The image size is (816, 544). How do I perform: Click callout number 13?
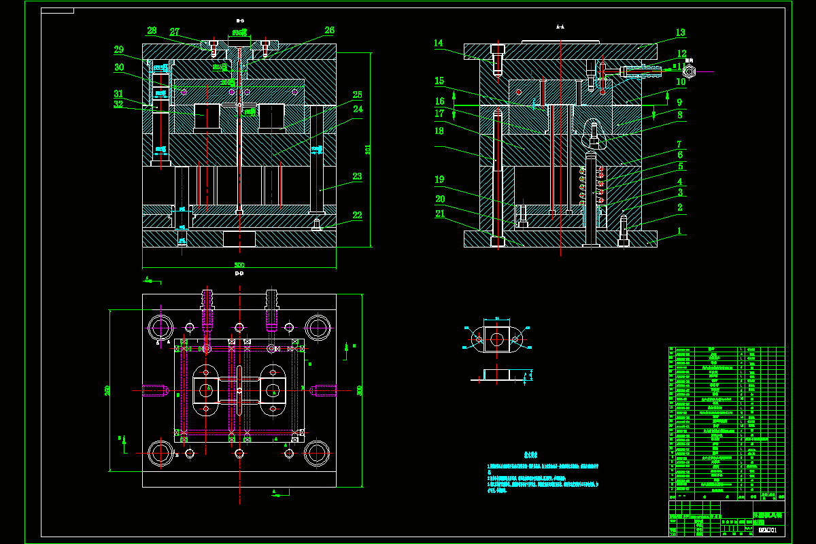tap(680, 32)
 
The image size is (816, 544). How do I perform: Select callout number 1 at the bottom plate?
tap(679, 231)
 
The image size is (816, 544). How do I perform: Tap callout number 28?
tap(152, 31)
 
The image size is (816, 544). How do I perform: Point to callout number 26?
tap(329, 31)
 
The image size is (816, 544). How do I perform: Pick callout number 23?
tap(357, 176)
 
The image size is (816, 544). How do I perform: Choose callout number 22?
tap(357, 216)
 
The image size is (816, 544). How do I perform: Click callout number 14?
tap(439, 43)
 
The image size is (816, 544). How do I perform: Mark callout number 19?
tap(439, 180)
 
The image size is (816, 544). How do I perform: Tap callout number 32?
tap(118, 105)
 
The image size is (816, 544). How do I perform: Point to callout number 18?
tap(439, 130)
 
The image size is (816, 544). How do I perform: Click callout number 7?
tap(679, 144)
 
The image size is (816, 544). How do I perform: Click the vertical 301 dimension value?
tap(368, 150)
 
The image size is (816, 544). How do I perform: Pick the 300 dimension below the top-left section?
tap(239, 265)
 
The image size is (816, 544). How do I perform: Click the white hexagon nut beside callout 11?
tap(689, 71)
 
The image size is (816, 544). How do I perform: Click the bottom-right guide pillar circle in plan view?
tap(317, 452)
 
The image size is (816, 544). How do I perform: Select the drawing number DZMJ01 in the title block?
tap(767, 530)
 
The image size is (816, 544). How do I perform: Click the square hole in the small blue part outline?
tap(496, 339)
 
